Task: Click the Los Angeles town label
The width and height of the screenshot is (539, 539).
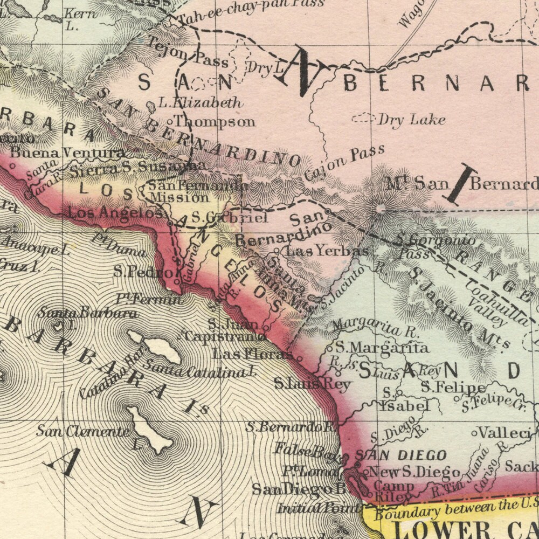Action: [115, 213]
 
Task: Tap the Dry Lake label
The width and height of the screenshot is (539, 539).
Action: [411, 119]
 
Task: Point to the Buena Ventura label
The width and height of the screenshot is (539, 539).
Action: [67, 153]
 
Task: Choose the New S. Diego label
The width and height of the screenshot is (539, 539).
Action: [414, 472]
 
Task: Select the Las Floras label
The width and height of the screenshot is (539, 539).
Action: [252, 354]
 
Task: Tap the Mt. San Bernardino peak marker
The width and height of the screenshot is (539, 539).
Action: [381, 208]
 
